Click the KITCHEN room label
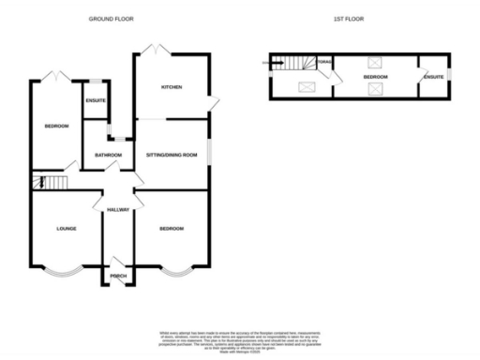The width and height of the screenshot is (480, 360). pos(171,87)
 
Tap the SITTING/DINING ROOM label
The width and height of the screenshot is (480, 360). pos(171,154)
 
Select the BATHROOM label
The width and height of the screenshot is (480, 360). pos(108,155)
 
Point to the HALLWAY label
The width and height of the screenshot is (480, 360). pos(118,209)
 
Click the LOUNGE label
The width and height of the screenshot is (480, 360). pos(66,228)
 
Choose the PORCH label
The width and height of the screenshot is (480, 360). pos(118,276)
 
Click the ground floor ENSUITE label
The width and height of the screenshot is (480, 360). pos(95,99)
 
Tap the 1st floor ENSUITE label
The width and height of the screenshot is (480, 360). pos(432,77)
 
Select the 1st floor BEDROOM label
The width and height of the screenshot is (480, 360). pos(376,77)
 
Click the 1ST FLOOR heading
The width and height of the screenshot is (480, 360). pos(348,19)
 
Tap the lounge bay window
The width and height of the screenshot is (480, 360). pos(66,274)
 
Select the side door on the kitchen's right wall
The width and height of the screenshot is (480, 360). pos(215,102)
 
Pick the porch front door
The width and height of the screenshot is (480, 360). pos(118,262)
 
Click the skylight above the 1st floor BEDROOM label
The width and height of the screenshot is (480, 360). pos(376,63)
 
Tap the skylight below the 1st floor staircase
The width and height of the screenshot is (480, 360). pos(307,89)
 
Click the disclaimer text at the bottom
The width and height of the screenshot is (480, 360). pos(239,340)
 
